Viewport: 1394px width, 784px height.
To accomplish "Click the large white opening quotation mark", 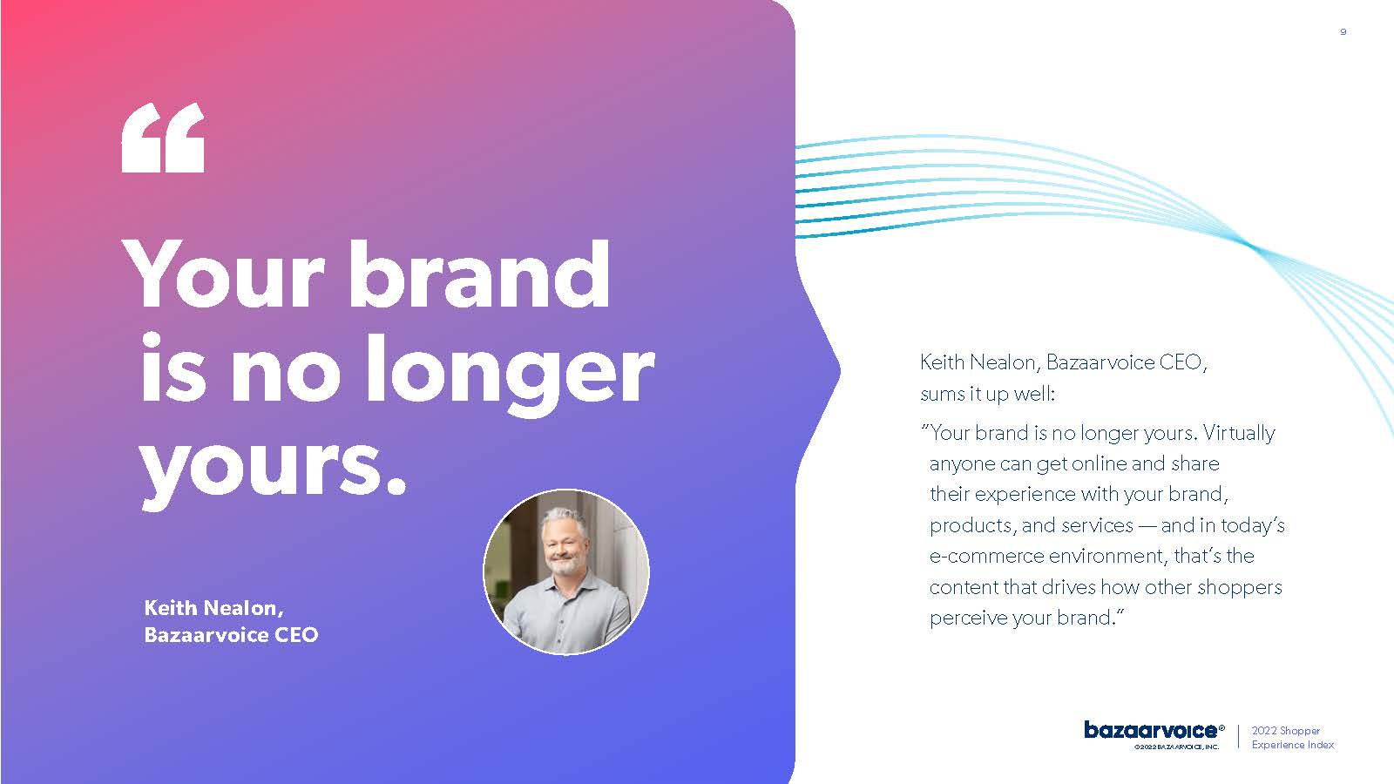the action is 163,138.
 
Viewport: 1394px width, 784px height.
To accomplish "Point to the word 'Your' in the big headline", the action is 224,275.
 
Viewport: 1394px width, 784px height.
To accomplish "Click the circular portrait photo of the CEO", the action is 566,571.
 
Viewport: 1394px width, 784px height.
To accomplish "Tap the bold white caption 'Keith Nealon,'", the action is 214,608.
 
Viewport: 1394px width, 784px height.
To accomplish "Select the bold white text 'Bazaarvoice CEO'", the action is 231,635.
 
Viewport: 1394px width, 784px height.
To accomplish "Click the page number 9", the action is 1343,31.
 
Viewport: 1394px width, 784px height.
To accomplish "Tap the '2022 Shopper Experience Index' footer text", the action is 1293,737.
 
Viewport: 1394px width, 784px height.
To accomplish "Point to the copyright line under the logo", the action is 1176,747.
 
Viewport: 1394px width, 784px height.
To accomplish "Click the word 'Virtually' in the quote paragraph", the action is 1238,433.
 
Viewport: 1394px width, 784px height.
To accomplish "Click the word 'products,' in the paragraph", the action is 972,526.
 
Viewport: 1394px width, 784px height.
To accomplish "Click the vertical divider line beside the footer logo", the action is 1238,737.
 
